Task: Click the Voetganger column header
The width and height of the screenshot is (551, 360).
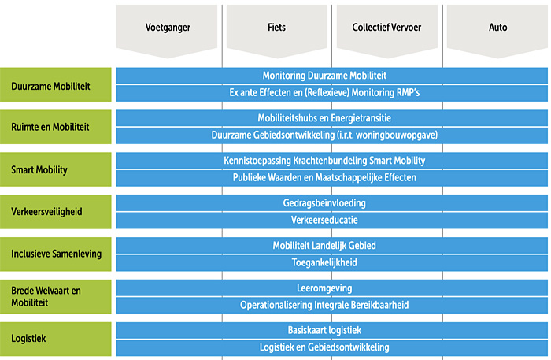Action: click(167, 30)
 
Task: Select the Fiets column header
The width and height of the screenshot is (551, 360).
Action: click(277, 30)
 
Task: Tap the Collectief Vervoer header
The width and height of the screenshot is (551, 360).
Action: click(387, 30)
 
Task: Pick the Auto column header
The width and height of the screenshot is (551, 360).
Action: click(497, 30)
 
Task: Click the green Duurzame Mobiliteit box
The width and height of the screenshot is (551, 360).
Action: click(56, 85)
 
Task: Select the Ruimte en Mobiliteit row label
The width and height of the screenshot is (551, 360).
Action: click(56, 127)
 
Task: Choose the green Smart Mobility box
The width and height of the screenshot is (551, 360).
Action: click(56, 169)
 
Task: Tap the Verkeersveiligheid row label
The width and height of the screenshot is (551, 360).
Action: click(56, 212)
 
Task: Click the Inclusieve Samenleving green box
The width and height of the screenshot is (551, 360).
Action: click(56, 254)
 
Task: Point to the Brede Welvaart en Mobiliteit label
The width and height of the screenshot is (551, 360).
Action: click(56, 297)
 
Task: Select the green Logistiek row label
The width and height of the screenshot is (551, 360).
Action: click(56, 339)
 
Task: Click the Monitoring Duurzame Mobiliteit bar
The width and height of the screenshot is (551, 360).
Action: click(332, 76)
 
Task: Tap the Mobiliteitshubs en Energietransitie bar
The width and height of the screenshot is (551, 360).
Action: click(332, 118)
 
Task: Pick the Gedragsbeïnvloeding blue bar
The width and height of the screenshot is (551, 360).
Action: click(332, 203)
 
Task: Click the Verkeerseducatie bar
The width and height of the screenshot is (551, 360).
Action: click(332, 221)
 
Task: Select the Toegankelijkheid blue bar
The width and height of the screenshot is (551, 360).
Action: click(332, 263)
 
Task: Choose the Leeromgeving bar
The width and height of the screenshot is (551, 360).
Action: click(332, 288)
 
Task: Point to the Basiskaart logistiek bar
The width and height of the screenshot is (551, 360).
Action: click(332, 330)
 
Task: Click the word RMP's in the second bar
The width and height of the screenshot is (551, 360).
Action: click(409, 92)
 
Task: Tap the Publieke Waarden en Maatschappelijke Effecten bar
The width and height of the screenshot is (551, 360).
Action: click(332, 178)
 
